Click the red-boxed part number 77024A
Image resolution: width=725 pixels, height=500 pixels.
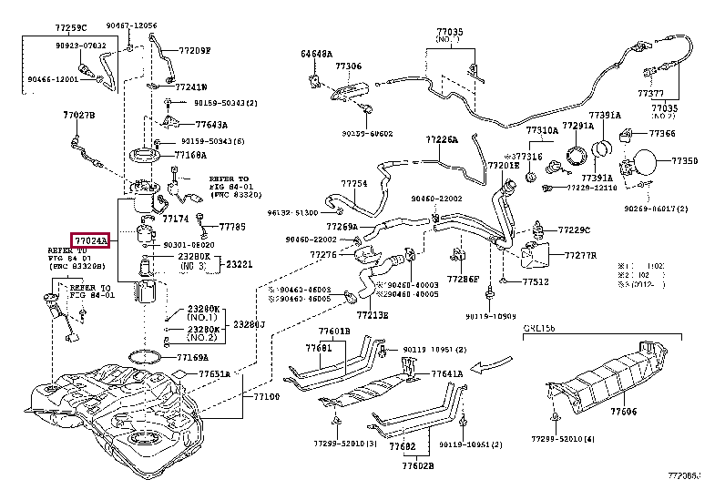(91, 240)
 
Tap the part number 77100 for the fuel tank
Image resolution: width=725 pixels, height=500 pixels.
(257, 397)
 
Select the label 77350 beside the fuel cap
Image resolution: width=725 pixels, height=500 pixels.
(685, 160)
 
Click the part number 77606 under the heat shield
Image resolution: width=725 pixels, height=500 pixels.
(624, 413)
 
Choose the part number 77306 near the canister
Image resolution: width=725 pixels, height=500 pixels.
(348, 66)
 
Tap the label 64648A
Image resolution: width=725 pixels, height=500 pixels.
(317, 54)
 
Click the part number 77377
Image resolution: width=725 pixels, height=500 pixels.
(650, 93)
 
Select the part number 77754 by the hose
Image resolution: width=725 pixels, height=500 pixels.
(354, 183)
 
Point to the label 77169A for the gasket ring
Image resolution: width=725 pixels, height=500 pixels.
(192, 358)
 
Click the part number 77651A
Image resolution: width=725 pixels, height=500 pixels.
(215, 373)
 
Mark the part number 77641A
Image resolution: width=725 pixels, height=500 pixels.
(447, 373)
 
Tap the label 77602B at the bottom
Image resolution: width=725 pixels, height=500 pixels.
(417, 465)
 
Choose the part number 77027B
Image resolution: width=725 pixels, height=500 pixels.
(78, 116)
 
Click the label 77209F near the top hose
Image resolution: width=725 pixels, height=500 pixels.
(194, 51)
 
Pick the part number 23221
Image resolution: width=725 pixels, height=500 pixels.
(240, 264)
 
